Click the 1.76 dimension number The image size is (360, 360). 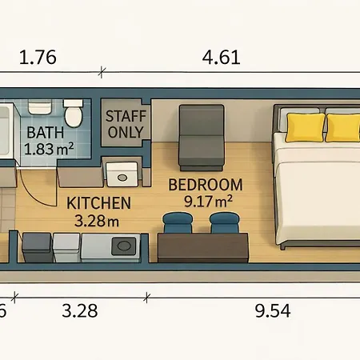coord(38,57)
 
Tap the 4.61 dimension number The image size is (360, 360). coord(221,57)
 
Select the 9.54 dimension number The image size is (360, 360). coord(273,310)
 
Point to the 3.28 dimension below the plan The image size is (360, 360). coord(80,310)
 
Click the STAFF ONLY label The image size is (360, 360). coord(126,124)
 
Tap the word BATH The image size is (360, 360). coord(46,133)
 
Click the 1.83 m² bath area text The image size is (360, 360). coord(49,149)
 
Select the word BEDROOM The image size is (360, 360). coord(206,185)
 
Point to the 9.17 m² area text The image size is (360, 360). coord(208,202)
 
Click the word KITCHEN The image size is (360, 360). coord(98,203)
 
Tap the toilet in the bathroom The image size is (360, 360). coord(73,114)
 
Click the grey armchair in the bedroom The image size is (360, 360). coord(202,138)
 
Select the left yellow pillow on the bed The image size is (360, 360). coord(306,127)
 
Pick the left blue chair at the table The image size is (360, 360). coord(178,222)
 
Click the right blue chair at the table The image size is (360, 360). coord(225,222)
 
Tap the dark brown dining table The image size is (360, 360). coord(203,248)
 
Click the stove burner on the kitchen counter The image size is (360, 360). coord(123,246)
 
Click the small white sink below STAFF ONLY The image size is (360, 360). coord(122,174)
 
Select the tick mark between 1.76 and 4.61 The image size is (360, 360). coord(102,72)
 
